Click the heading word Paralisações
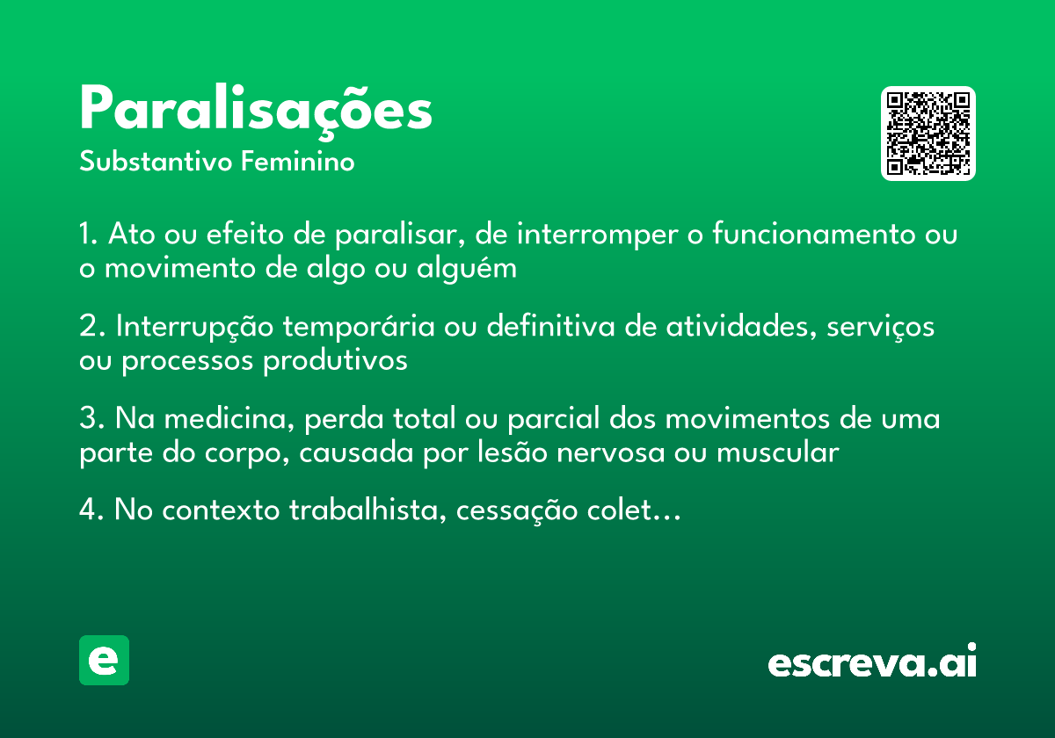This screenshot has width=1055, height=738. tap(256, 111)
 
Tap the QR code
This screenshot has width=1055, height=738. tap(928, 134)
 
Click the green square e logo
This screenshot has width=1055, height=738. tap(104, 660)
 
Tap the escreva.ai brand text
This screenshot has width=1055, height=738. tap(872, 662)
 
